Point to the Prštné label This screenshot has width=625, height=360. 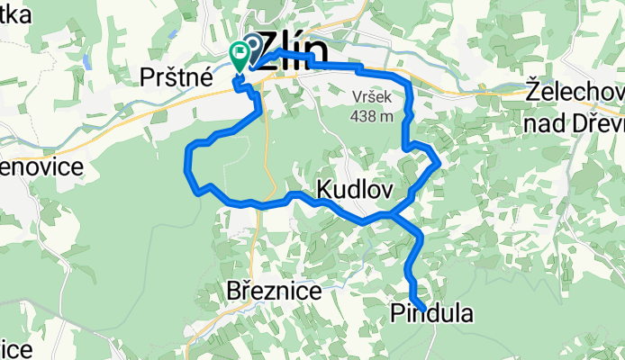pyautogui.click(x=177, y=77)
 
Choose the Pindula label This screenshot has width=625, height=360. pyautogui.click(x=430, y=312)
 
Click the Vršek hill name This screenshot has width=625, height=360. pyautogui.click(x=374, y=94)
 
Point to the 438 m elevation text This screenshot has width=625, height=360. pyautogui.click(x=374, y=114)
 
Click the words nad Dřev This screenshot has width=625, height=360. pyautogui.click(x=576, y=117)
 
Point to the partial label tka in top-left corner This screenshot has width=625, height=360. pyautogui.click(x=15, y=13)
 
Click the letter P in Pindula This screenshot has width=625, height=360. pyautogui.click(x=398, y=312)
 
